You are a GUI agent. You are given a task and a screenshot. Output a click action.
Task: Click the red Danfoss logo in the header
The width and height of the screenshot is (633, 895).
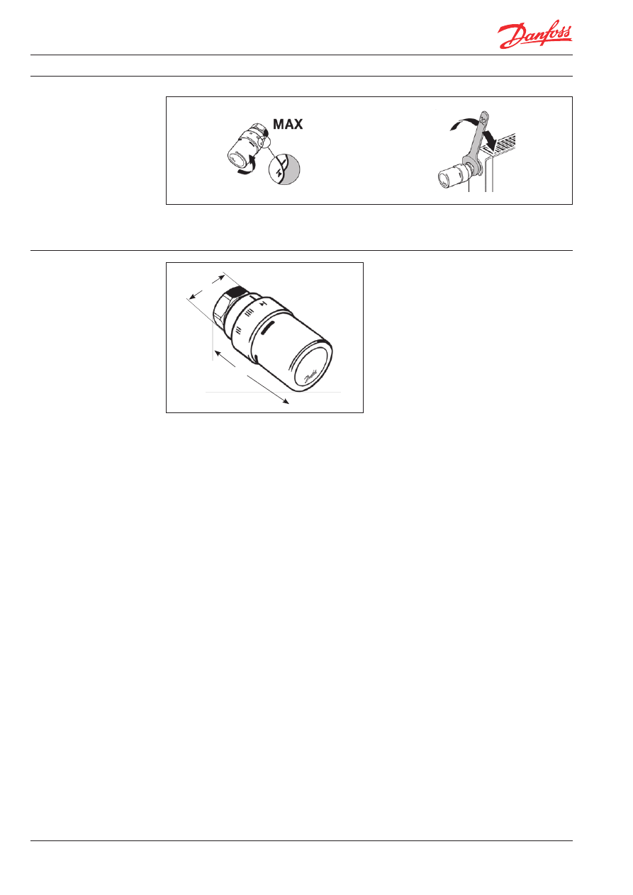[x=534, y=35]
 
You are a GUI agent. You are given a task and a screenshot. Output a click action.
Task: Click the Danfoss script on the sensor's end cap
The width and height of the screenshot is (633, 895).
[x=310, y=376]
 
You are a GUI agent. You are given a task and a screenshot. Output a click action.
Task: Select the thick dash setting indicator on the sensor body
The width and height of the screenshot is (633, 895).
[x=268, y=329]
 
